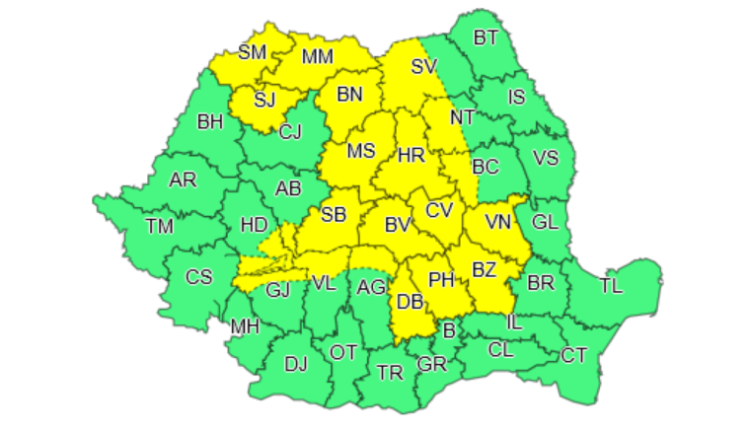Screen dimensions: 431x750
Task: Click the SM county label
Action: coord(253,51)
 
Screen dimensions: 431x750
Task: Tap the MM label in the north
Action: coord(318,57)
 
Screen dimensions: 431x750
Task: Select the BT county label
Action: coord(486,38)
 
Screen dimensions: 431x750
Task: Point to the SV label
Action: coord(423,67)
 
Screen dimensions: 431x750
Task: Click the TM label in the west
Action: coord(159,227)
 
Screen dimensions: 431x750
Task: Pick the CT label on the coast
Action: coord(573,355)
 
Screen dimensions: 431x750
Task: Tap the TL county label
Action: coord(612,287)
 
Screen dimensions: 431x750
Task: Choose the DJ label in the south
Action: coord(296,365)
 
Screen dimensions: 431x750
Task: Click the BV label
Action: coord(397,226)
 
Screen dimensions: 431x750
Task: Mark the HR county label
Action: coord(411,155)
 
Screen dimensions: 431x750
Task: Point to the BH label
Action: coord(210,123)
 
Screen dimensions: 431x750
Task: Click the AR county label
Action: coord(183,180)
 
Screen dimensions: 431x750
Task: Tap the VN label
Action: coord(498,222)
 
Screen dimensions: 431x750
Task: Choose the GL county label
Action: coord(545,222)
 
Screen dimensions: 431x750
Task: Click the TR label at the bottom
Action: coord(391,373)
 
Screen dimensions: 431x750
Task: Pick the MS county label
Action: coord(362,151)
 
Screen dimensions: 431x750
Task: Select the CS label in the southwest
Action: coord(199,277)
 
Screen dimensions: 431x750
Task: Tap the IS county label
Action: coord(516,97)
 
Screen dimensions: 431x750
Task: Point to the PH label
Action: coord(441,280)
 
